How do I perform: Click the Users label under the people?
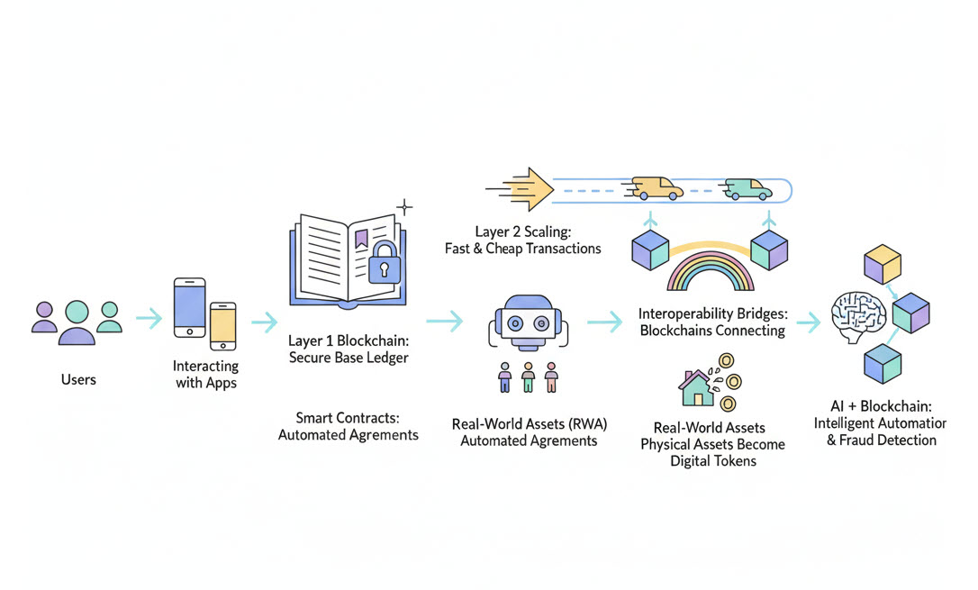click(78, 379)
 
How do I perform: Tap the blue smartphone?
click(189, 306)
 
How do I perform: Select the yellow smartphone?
click(222, 325)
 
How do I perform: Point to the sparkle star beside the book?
click(405, 207)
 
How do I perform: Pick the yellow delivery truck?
click(657, 187)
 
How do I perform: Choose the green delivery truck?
click(747, 188)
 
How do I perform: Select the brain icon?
click(856, 321)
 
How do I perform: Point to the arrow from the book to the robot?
click(444, 320)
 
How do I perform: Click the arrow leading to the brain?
click(808, 322)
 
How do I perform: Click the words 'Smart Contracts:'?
click(348, 418)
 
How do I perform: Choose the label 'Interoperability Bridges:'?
click(711, 313)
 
